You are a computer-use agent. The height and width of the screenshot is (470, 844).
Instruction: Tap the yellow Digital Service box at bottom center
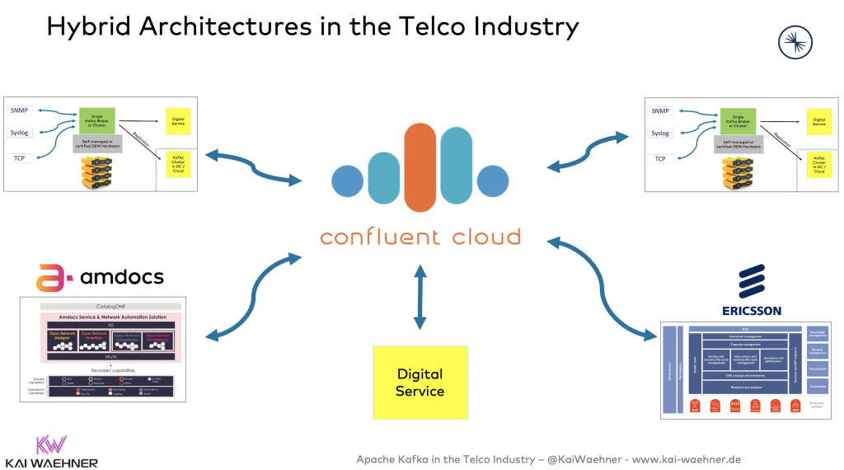click(x=420, y=382)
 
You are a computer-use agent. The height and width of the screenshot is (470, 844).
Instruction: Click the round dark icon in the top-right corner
click(x=795, y=42)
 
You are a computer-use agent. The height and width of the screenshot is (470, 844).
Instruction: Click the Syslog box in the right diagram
click(x=661, y=133)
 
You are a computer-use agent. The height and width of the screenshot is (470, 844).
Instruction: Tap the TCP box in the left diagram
click(x=18, y=158)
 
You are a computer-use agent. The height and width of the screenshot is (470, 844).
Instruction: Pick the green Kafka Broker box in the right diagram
click(x=738, y=120)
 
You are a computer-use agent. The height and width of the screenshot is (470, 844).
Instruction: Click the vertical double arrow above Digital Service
click(x=420, y=296)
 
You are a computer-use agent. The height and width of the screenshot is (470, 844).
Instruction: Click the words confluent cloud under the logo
click(x=420, y=237)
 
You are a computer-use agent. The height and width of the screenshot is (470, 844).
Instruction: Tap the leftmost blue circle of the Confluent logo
click(x=347, y=181)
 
